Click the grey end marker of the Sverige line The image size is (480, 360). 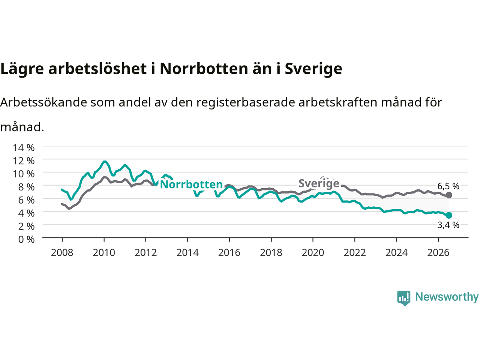(x=449, y=195)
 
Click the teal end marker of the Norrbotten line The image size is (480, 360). (x=449, y=215)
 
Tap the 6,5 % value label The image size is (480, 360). (x=448, y=186)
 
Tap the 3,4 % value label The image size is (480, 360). (x=448, y=225)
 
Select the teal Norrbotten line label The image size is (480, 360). (x=191, y=184)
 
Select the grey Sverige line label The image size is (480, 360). (x=319, y=183)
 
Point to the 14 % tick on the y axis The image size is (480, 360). (x=24, y=148)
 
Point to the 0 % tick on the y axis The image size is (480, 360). (x=27, y=240)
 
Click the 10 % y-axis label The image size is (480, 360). (x=24, y=174)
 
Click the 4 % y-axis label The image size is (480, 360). (x=27, y=213)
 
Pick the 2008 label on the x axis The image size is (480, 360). (x=62, y=253)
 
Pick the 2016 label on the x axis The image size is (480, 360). (x=229, y=253)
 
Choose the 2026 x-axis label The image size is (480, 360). (x=438, y=253)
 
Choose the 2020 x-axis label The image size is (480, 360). (x=313, y=253)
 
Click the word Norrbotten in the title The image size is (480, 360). (x=204, y=69)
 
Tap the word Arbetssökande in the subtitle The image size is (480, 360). (x=44, y=102)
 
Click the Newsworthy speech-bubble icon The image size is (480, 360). (x=403, y=298)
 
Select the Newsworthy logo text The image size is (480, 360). (x=447, y=297)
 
